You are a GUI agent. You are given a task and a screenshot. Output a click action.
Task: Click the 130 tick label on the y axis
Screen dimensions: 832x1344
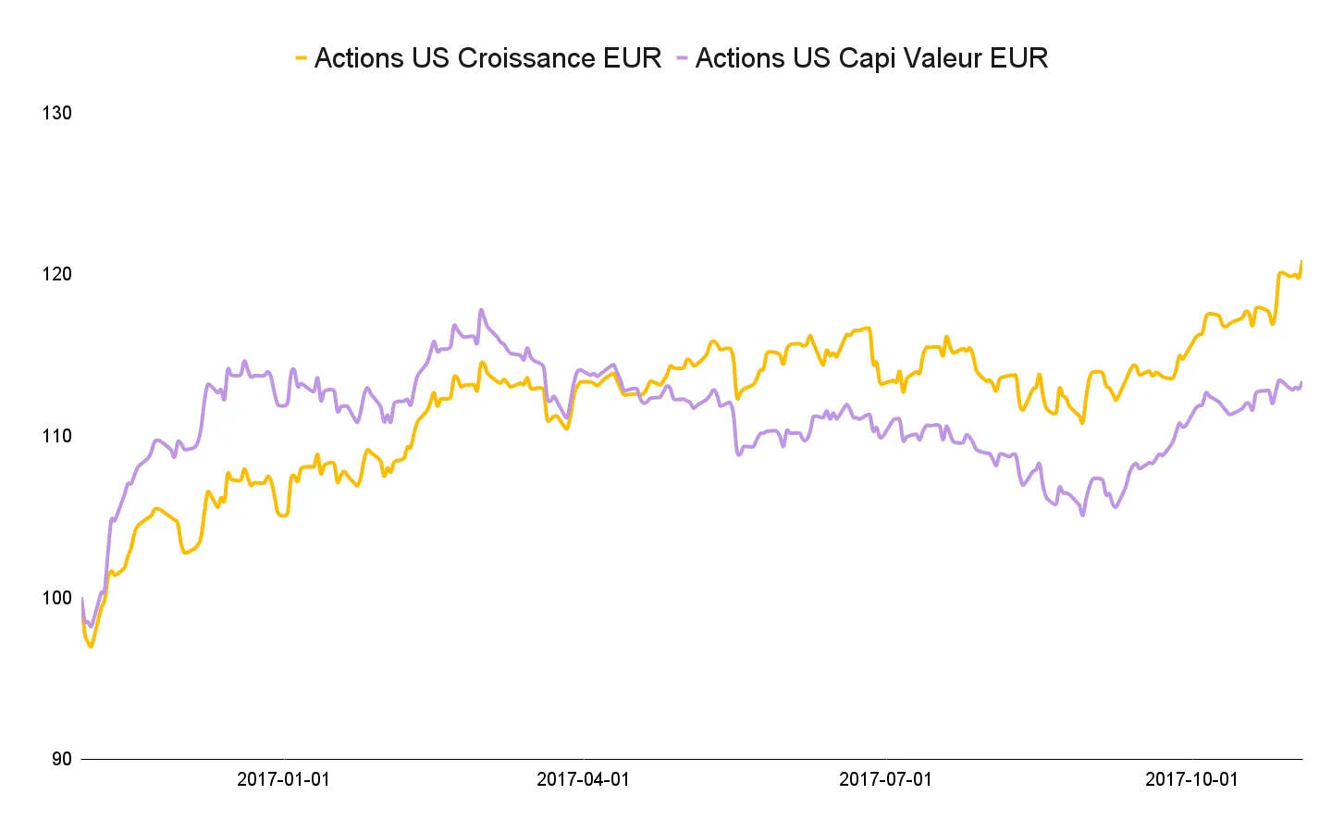(56, 113)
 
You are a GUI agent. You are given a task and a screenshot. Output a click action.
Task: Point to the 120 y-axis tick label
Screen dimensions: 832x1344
(56, 274)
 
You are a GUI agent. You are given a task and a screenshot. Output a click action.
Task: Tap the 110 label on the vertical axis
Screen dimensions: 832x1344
(56, 436)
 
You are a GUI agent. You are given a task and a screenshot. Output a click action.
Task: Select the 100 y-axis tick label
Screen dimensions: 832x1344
(56, 597)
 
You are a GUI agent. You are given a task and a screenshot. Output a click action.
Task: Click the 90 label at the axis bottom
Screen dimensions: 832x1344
(61, 759)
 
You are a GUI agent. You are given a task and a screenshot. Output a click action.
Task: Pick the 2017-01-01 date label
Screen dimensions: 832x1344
(283, 779)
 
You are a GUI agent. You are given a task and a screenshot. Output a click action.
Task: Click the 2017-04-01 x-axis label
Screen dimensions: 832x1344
(583, 779)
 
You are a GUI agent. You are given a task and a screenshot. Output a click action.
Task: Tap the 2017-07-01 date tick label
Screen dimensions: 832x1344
(885, 779)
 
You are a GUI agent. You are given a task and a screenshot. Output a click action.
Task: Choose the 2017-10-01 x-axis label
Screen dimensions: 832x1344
(1191, 779)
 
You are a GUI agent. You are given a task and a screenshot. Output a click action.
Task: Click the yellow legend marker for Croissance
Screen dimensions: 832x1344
(301, 58)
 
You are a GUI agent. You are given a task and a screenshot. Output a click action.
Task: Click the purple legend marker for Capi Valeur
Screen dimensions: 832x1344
(682, 58)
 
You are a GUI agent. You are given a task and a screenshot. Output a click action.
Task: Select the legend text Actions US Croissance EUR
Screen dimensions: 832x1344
(487, 58)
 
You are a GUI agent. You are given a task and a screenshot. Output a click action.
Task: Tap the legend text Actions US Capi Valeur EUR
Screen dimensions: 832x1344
(871, 58)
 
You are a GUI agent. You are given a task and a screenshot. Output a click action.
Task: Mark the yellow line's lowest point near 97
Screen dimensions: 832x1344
(91, 646)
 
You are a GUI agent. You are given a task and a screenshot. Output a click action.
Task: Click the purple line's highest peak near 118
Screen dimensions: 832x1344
(481, 310)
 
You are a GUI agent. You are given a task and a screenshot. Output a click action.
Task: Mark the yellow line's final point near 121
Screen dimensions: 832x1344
(1301, 261)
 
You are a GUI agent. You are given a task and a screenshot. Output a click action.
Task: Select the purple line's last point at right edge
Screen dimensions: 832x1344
(1301, 382)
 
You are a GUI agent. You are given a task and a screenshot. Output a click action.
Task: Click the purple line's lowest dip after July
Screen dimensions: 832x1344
(1082, 515)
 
